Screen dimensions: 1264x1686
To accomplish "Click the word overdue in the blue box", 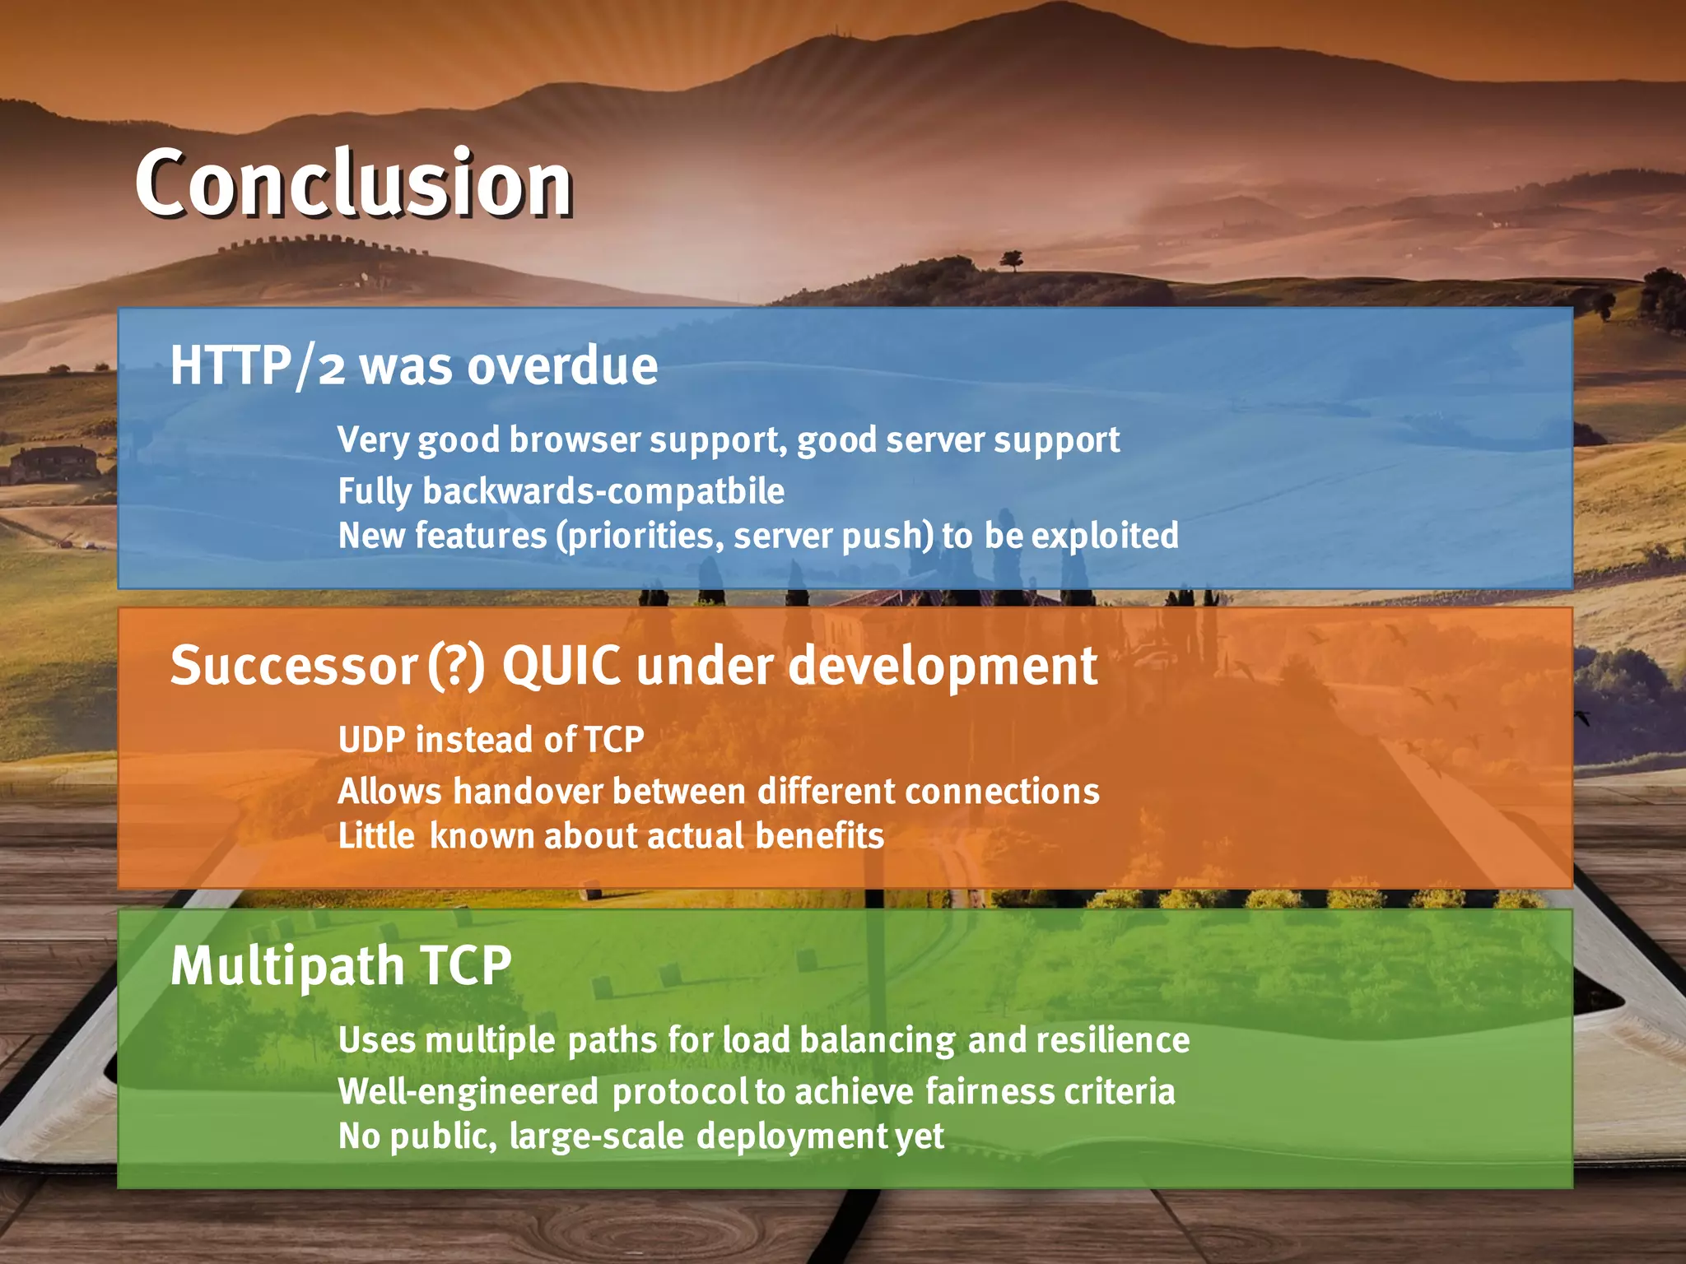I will pyautogui.click(x=562, y=366).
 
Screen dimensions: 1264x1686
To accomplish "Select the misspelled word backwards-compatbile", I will pyautogui.click(x=603, y=491).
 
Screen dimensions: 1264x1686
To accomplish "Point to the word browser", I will pyautogui.click(x=575, y=440).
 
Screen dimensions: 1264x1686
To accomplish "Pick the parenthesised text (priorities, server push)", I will pyautogui.click(x=745, y=537).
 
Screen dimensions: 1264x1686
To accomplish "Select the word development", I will pyautogui.click(x=943, y=667).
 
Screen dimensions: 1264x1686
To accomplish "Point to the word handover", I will pyautogui.click(x=528, y=792).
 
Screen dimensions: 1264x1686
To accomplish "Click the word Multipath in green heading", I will pyautogui.click(x=286, y=966).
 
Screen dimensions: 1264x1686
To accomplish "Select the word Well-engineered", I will pyautogui.click(x=468, y=1092).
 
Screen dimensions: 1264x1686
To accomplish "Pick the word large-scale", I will pyautogui.click(x=596, y=1137).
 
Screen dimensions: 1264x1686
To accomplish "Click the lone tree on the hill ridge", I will pyautogui.click(x=1011, y=260).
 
